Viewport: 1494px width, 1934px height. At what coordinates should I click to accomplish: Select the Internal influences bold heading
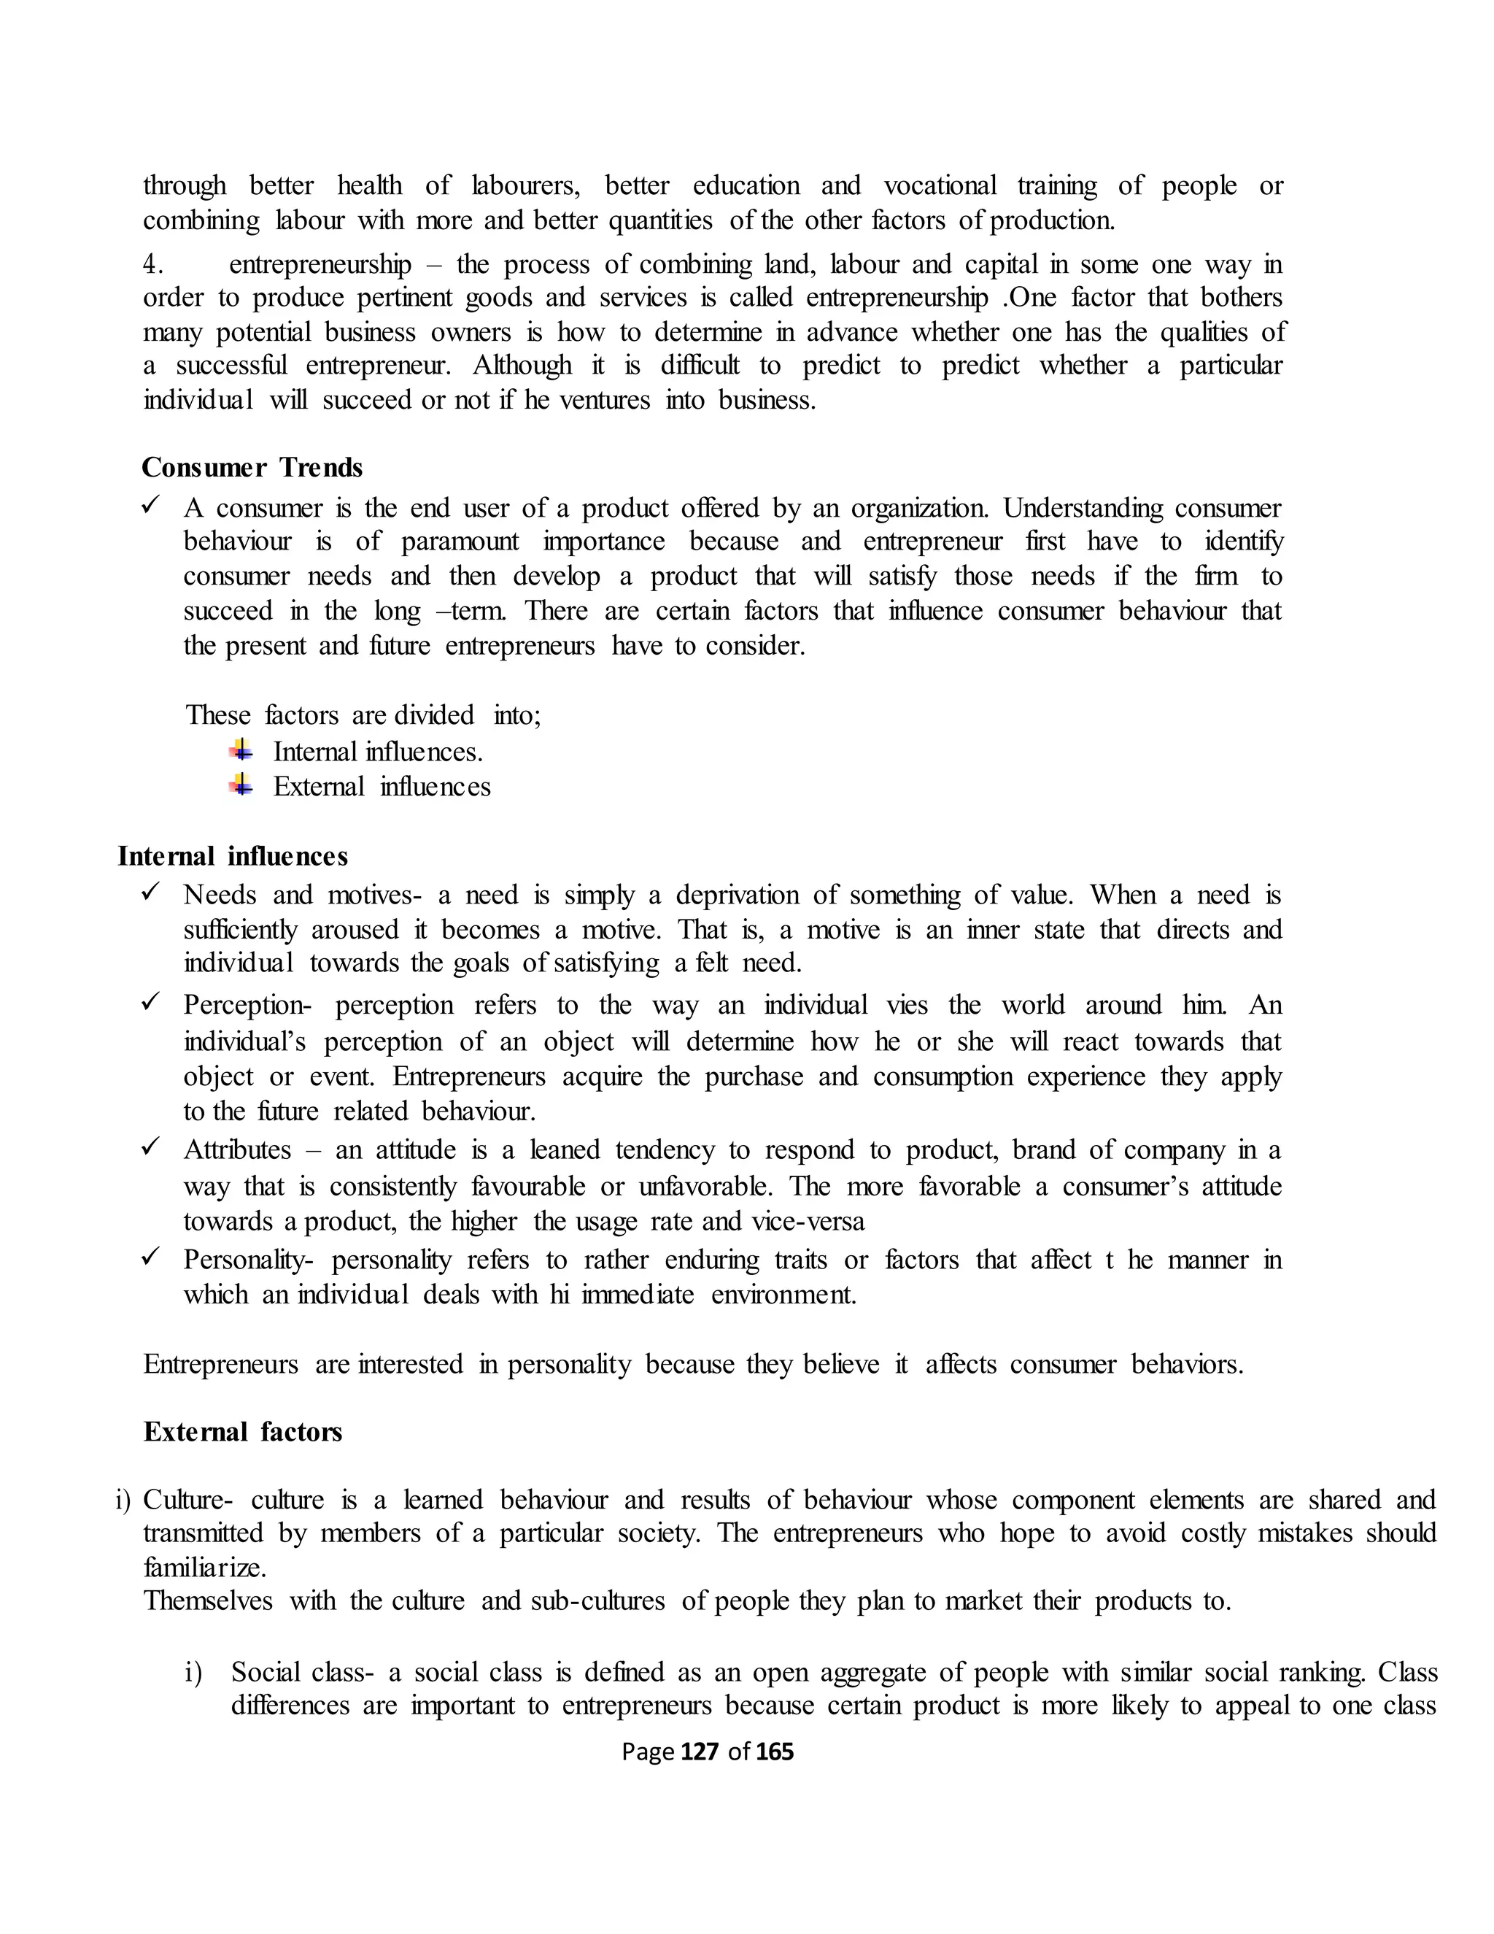coord(233,856)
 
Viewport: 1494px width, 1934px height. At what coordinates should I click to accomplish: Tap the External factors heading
coord(242,1432)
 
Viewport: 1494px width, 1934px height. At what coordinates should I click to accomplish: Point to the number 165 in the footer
coord(775,1752)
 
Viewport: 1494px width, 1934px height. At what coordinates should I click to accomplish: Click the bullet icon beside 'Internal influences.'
coord(241,751)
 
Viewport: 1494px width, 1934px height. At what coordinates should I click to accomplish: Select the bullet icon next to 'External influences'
coord(241,785)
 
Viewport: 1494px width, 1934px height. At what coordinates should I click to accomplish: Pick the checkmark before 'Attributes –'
coord(150,1148)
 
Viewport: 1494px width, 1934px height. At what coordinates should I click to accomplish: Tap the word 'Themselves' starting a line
coord(208,1601)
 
